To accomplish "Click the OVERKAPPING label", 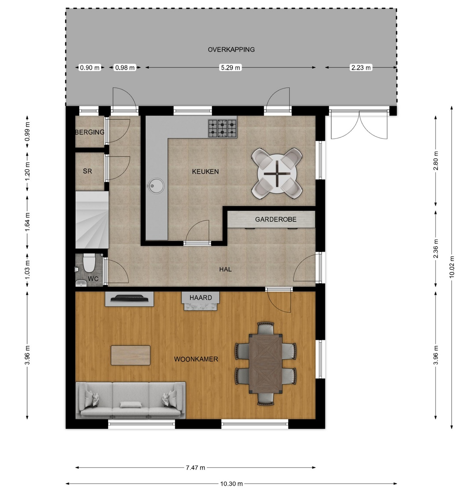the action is pos(231,50).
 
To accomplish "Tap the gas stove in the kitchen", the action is pos(223,128).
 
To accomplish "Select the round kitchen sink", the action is pos(155,186).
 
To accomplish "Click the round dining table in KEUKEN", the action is pos(277,174).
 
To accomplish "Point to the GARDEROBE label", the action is pos(276,219).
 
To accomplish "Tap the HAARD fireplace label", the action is pos(201,298).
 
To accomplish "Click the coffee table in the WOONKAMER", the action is pos(130,355).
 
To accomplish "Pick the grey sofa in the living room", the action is pos(131,400).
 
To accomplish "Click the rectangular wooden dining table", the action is pos(265,364).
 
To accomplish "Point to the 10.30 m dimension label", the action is pos(231,483).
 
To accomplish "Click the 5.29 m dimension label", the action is pos(231,68).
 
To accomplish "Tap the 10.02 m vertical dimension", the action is pos(452,267).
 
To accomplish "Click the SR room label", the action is pos(87,171).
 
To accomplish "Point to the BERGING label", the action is pos(90,132).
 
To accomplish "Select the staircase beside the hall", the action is pos(92,220).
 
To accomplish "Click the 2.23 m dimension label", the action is pos(361,68).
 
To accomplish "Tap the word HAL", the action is pos(225,269).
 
